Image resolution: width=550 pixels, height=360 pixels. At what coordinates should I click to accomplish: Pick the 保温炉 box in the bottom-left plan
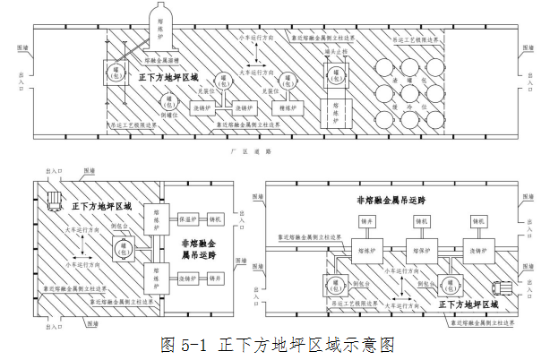188,218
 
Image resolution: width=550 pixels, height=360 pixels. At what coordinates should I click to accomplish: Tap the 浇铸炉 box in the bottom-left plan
188,279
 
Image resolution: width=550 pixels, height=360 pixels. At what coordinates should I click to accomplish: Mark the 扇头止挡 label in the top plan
335,53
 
